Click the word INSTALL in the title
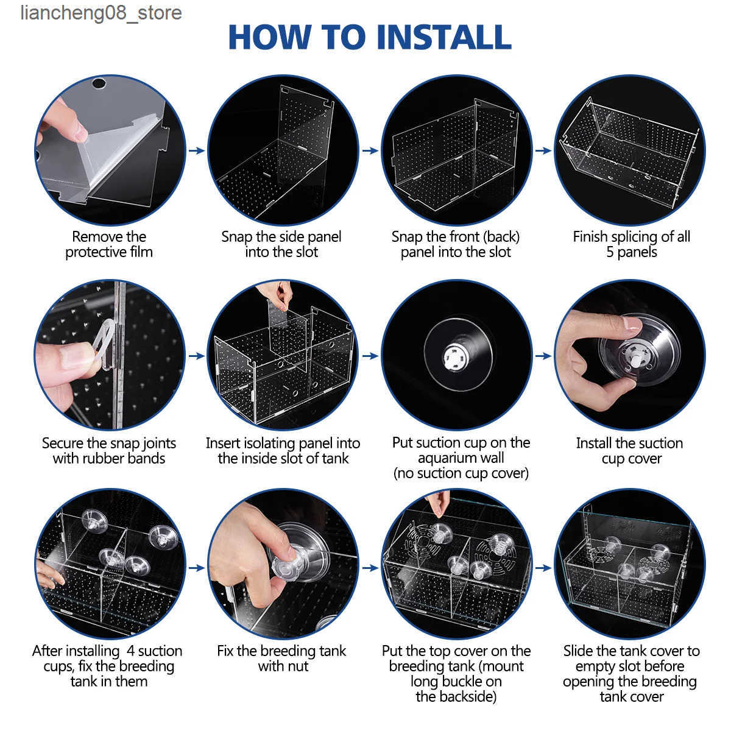444,37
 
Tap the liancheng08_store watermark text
101,13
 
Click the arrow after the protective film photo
197,150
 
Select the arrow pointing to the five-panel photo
543,150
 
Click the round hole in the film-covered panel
99,83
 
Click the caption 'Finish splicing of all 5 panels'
631,244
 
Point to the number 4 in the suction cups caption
130,651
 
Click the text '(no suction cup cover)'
461,473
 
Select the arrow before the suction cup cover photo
543,356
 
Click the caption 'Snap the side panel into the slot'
281,244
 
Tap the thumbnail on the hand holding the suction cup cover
632,323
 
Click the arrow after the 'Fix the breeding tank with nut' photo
370,568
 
